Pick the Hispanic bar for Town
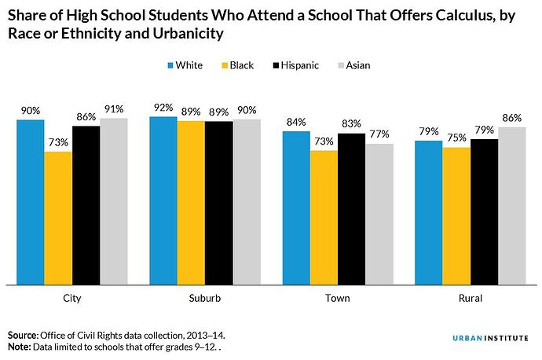click(x=351, y=208)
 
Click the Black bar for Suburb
click(x=191, y=202)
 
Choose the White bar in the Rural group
click(x=428, y=211)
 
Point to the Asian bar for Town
click(x=379, y=213)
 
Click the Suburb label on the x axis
click(x=205, y=299)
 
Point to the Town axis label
click(x=338, y=299)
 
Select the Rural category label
click(x=471, y=299)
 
